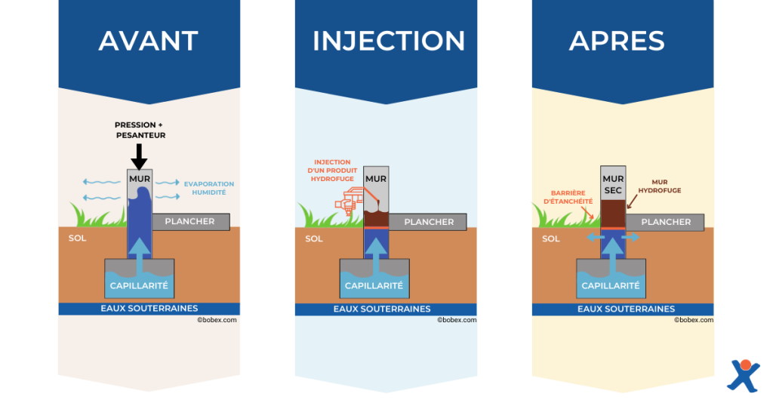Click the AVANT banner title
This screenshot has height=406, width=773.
pyautogui.click(x=149, y=41)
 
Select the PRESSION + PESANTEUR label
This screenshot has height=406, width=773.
pyautogui.click(x=140, y=130)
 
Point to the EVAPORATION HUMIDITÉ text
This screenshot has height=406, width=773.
pyautogui.click(x=209, y=188)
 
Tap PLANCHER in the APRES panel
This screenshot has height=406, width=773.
pyautogui.click(x=665, y=222)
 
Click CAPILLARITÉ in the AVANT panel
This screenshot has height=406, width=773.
pyautogui.click(x=139, y=286)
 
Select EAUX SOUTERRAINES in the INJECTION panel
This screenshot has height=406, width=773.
pyautogui.click(x=382, y=309)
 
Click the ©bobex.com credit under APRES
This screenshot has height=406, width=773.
pyautogui.click(x=694, y=320)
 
